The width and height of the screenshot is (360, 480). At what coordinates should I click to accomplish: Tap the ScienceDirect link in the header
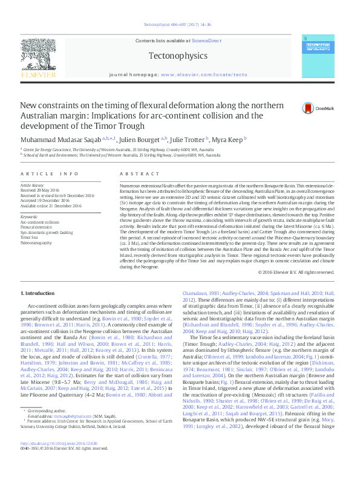[206, 40]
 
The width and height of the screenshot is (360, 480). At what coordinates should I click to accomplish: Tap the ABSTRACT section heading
[134, 174]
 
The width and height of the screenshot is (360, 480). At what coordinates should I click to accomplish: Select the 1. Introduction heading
[38, 293]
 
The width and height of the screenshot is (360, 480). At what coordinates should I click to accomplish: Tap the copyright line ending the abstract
[296, 272]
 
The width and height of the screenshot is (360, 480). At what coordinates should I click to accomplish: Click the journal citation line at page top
[180, 24]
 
